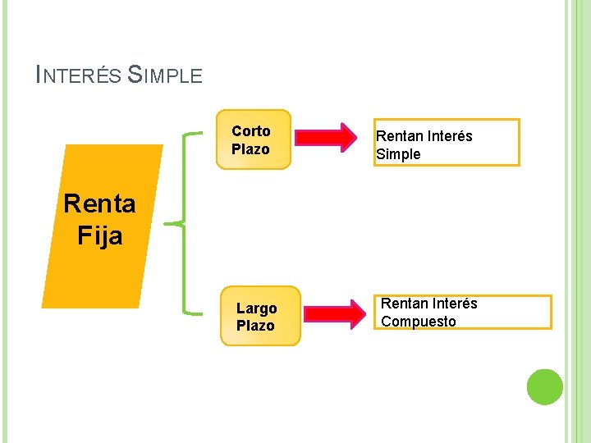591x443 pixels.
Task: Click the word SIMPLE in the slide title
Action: point(166,75)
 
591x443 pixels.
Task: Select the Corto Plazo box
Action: point(254,139)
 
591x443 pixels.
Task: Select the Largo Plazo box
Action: point(259,317)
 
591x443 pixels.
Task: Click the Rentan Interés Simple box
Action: point(447,144)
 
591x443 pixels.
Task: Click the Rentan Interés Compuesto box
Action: point(465,313)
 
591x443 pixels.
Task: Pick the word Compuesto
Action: point(419,322)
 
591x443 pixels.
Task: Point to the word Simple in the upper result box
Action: point(398,154)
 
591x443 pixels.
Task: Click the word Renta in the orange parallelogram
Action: point(99,203)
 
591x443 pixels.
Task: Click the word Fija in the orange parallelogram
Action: point(100,235)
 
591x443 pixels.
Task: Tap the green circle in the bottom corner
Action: point(544,386)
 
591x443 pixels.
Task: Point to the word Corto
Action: point(251,131)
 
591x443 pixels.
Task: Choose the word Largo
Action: point(257,308)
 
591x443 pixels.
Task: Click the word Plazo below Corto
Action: point(250,149)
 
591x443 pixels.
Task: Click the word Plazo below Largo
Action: point(255,326)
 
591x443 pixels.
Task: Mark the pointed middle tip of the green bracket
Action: point(167,223)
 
